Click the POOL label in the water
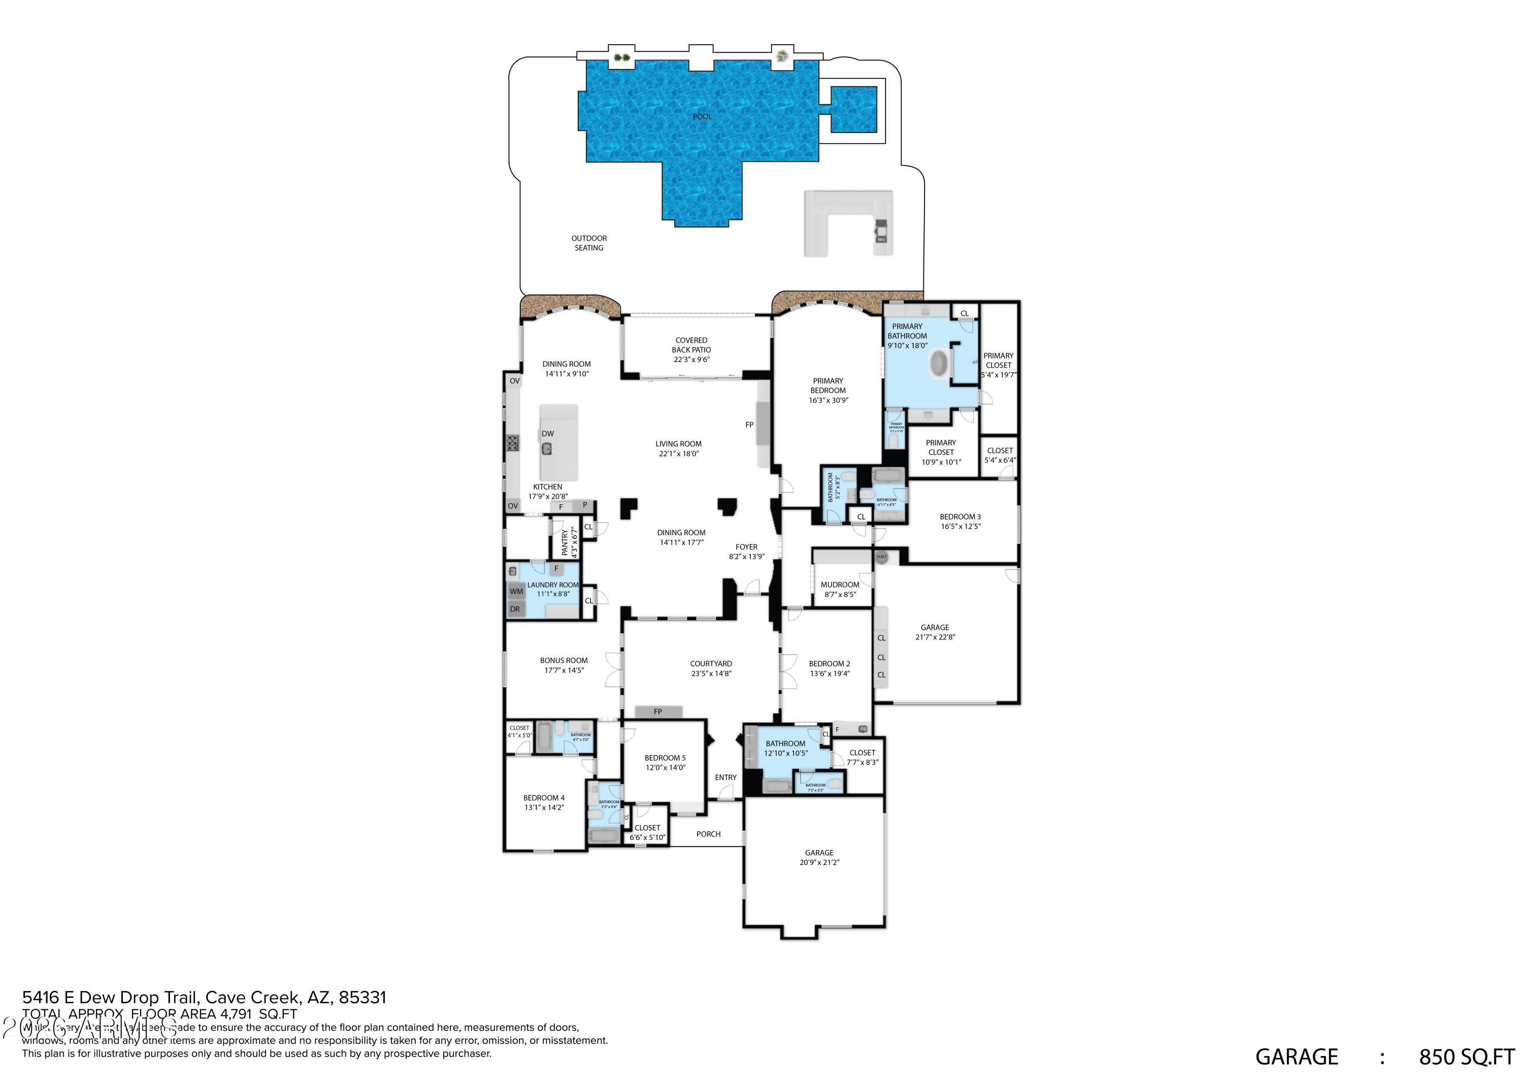coord(702,117)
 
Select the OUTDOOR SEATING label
coord(589,243)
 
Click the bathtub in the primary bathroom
coord(939,364)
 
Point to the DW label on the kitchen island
coord(547,434)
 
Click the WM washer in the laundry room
coord(516,591)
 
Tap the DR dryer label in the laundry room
coord(515,609)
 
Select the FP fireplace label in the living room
coord(749,425)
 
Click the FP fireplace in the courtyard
coord(658,711)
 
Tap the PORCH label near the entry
coord(708,834)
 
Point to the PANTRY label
coord(565,542)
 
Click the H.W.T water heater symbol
coord(881,557)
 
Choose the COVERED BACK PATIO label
coord(691,350)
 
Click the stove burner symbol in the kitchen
coord(513,443)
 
